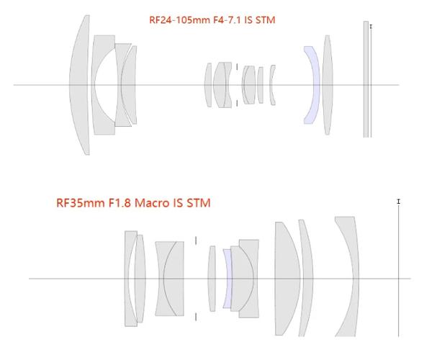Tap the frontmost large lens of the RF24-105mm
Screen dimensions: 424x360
coord(79,85)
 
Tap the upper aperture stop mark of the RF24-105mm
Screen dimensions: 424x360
coord(237,67)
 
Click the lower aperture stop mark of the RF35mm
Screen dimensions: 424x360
coord(196,317)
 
